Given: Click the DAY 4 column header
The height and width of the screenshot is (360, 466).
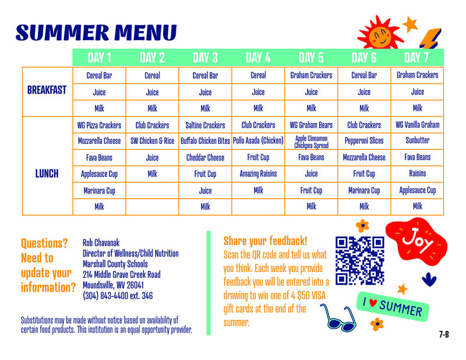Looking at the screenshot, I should [258, 58].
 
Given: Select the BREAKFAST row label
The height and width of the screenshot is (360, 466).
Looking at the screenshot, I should [47, 90].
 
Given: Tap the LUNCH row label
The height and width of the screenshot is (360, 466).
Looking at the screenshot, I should [47, 174].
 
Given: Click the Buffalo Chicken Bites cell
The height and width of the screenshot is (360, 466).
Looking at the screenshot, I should [205, 141].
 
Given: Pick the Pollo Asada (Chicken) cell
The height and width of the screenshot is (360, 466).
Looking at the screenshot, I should [258, 141].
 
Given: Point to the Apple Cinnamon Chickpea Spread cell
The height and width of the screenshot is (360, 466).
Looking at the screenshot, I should [311, 142].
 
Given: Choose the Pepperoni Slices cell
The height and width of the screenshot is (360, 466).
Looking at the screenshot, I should [364, 141].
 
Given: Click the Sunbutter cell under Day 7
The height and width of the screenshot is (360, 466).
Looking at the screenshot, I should [417, 141].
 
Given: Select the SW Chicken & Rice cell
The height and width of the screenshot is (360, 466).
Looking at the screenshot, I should [152, 141].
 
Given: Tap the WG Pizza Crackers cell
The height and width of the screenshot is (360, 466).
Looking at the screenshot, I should [99, 125].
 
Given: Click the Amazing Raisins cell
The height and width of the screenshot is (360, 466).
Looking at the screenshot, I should [258, 174].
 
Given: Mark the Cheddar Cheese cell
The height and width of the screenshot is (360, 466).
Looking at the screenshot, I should [205, 157].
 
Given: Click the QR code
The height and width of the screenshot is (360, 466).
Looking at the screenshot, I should [360, 260].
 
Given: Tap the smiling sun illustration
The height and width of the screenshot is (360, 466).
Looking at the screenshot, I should [379, 36].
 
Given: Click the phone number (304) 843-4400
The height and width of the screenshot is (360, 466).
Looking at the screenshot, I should [118, 296].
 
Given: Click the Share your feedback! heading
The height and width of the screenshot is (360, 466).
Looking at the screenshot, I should [265, 241].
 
